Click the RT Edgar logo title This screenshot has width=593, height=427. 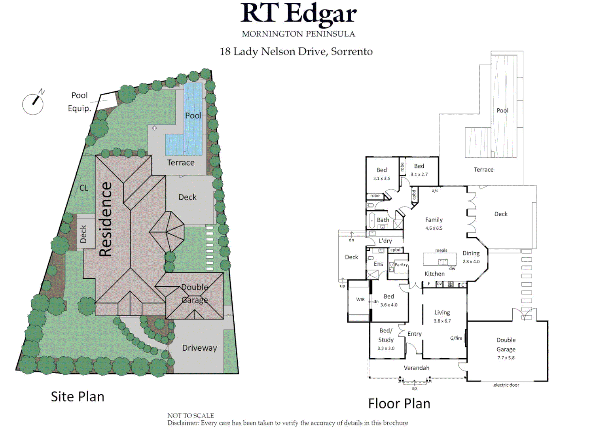point(298,14)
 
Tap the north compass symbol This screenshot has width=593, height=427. point(33,103)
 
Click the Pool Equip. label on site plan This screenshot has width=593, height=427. point(80,102)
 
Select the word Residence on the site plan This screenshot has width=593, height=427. point(106,219)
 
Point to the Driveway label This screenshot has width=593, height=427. point(199,348)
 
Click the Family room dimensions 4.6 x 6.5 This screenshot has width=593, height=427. point(434,228)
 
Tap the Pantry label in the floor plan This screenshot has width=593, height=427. point(401,265)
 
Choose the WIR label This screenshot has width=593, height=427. point(360,300)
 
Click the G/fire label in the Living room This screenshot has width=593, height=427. point(456,338)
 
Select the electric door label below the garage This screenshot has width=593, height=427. point(506,385)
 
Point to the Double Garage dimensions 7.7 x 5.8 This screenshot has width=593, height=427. point(506,358)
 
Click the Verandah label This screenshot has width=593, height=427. point(417,368)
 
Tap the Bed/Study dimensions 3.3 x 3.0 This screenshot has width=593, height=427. point(386,348)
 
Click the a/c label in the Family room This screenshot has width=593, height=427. point(435,191)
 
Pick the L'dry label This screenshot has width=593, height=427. point(385,241)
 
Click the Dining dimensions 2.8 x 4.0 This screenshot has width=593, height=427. point(471,262)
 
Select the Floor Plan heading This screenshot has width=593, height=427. point(399,404)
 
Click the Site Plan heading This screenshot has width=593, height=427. point(78,397)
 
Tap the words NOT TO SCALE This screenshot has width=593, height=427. point(191,416)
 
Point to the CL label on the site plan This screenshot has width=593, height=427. point(84,188)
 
